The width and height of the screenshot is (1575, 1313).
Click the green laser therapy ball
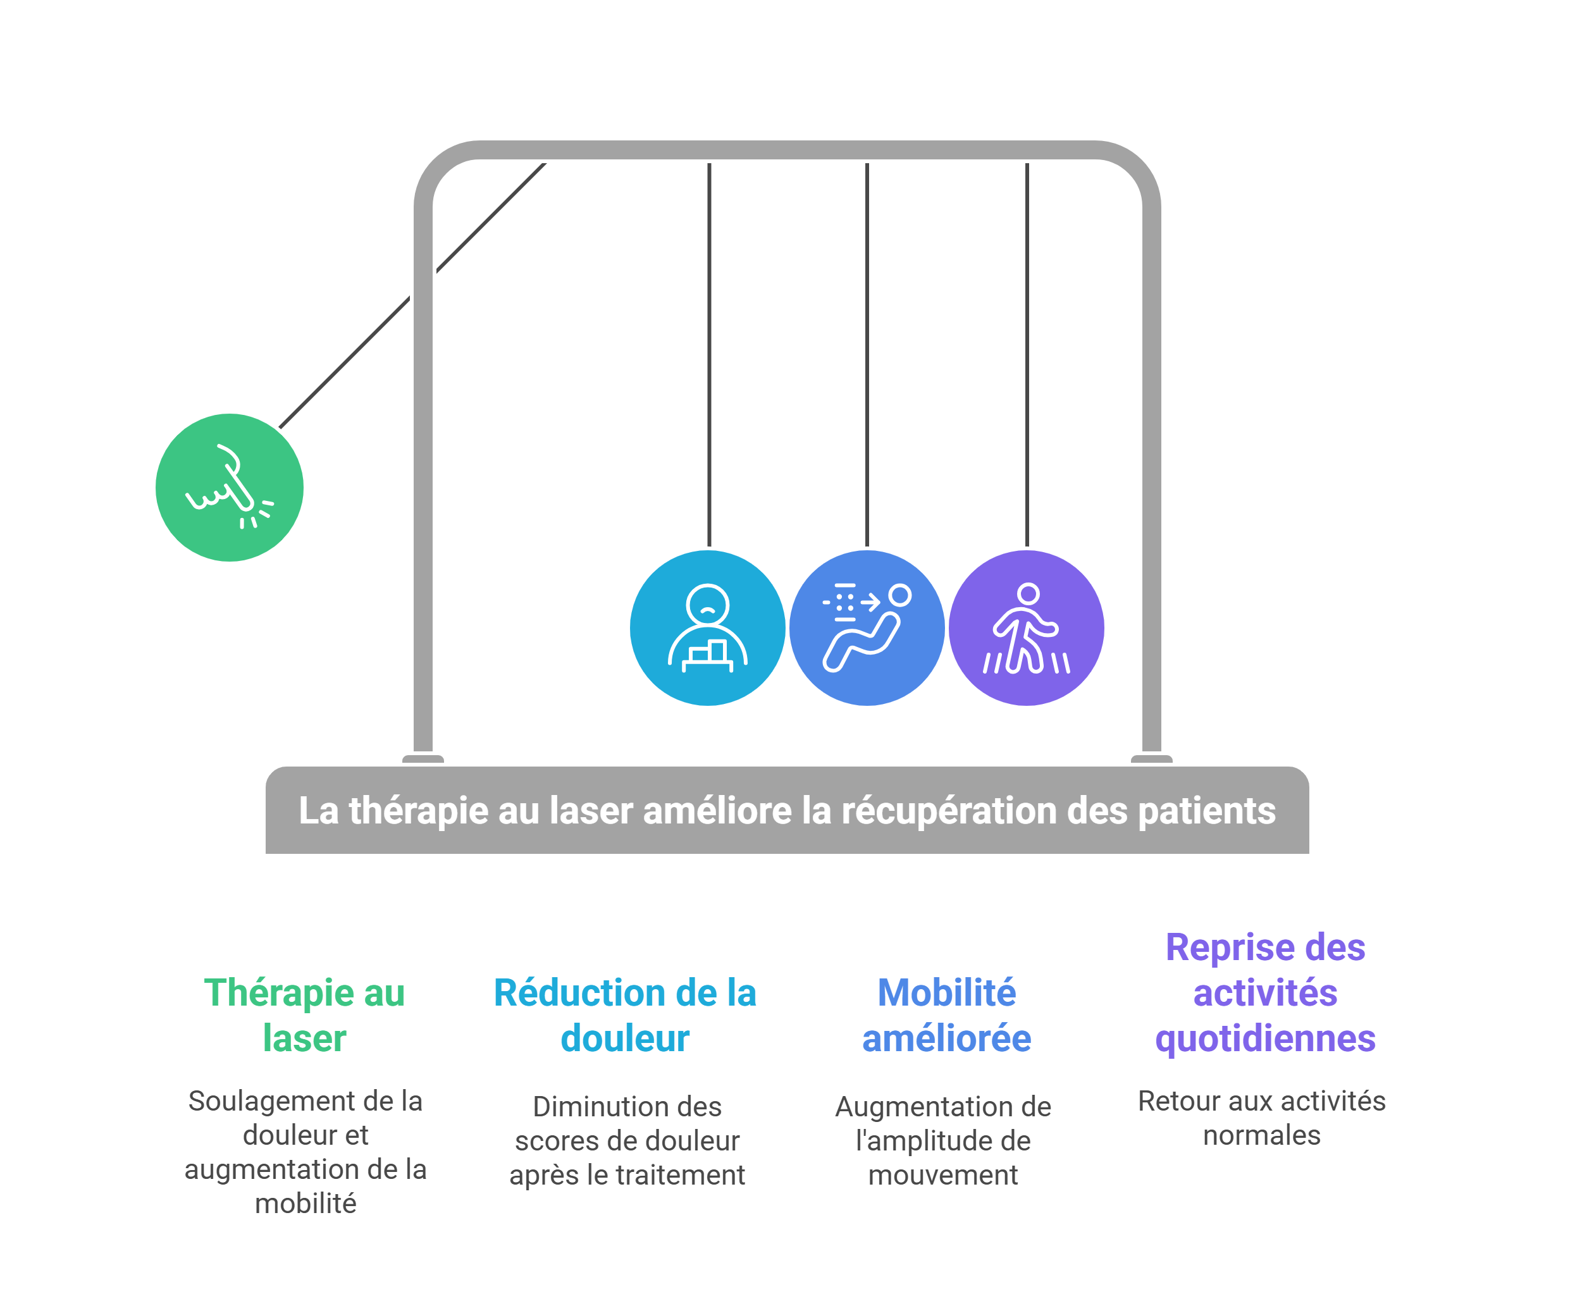click(x=230, y=488)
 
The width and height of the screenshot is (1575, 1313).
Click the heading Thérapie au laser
click(x=304, y=1015)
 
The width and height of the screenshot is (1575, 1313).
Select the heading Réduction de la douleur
click(x=625, y=1015)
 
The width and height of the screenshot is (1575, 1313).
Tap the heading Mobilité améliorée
click(x=946, y=1015)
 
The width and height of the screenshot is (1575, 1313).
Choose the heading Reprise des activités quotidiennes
click(x=1265, y=993)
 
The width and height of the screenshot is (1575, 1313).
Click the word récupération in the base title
click(x=950, y=811)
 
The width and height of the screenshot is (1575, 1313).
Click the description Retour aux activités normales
click(x=1261, y=1118)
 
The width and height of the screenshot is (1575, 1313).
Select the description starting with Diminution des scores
click(x=627, y=1140)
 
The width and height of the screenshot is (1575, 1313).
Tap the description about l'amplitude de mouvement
click(x=944, y=1140)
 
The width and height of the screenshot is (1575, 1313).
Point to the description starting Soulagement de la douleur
click(x=306, y=1152)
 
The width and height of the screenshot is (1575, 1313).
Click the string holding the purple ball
click(x=1027, y=352)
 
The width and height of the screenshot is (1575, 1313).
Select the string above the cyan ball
click(x=708, y=352)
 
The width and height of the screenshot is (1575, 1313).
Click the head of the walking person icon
click(x=1029, y=594)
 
